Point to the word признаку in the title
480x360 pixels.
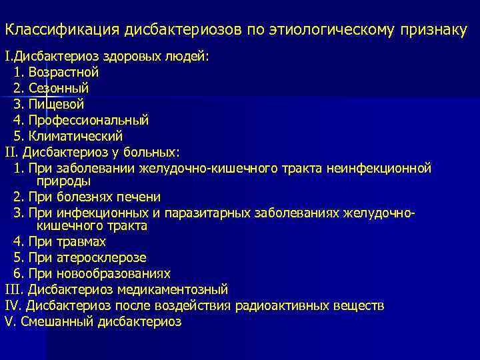[431, 31]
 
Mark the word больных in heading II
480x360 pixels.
[154, 152]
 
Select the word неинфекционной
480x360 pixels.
[379, 168]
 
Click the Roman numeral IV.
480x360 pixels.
[13, 306]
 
